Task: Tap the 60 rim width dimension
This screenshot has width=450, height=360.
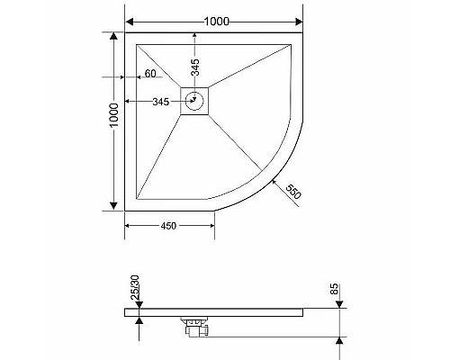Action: (x=150, y=74)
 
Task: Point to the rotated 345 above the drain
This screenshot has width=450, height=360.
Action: (x=194, y=66)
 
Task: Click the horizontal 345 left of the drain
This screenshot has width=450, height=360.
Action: (x=161, y=103)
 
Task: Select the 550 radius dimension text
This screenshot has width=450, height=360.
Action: (x=293, y=192)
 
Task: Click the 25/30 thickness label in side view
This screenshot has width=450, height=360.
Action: (x=132, y=288)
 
